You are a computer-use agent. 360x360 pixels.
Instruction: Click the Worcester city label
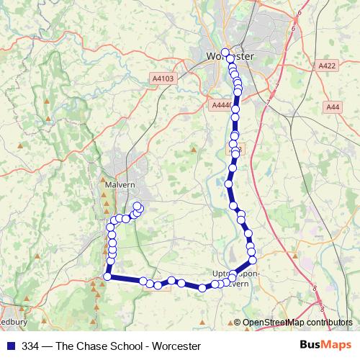click(x=230, y=56)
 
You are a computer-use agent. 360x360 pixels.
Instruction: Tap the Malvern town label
click(x=109, y=184)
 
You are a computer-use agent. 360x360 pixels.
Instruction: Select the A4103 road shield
click(x=163, y=78)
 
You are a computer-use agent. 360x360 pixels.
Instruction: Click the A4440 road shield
click(x=221, y=105)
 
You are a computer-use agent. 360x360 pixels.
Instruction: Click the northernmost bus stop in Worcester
click(x=225, y=52)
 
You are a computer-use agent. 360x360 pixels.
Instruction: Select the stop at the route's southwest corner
click(x=108, y=276)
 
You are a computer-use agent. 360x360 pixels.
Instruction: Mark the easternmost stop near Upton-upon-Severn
click(x=253, y=259)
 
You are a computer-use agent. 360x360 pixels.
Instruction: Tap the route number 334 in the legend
click(x=31, y=346)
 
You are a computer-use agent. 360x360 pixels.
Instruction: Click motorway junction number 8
click(x=314, y=288)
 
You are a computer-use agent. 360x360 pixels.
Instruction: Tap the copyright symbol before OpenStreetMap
click(x=238, y=323)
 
